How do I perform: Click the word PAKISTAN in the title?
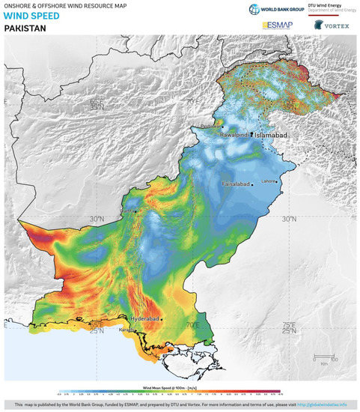(25, 28)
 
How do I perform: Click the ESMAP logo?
(277, 25)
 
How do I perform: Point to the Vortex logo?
(334, 25)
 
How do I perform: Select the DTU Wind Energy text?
(332, 7)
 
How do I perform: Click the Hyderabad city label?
(146, 318)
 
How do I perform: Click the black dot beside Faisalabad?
(254, 183)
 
